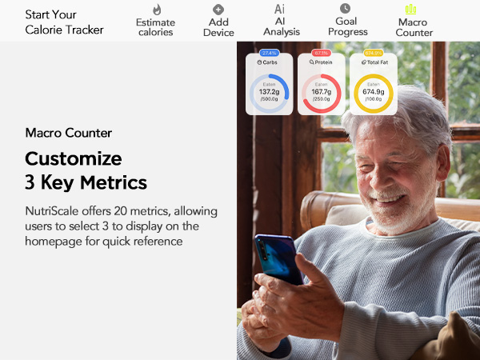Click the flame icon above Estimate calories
pyautogui.click(x=157, y=10)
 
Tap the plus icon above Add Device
pyautogui.click(x=218, y=9)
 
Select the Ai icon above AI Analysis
pyautogui.click(x=280, y=9)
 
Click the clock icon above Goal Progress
pyautogui.click(x=345, y=8)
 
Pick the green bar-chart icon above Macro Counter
pyautogui.click(x=411, y=9)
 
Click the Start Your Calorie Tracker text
pyautogui.click(x=64, y=22)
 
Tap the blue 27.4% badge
pyautogui.click(x=269, y=52)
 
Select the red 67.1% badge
pyautogui.click(x=321, y=52)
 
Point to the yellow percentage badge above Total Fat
pyautogui.click(x=373, y=52)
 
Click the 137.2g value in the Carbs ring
pyautogui.click(x=269, y=92)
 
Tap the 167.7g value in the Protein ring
pyautogui.click(x=321, y=92)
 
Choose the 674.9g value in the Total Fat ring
pyautogui.click(x=373, y=92)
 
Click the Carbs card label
pyautogui.click(x=269, y=62)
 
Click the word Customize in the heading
pyautogui.click(x=74, y=158)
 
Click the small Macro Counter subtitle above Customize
pyautogui.click(x=69, y=133)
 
